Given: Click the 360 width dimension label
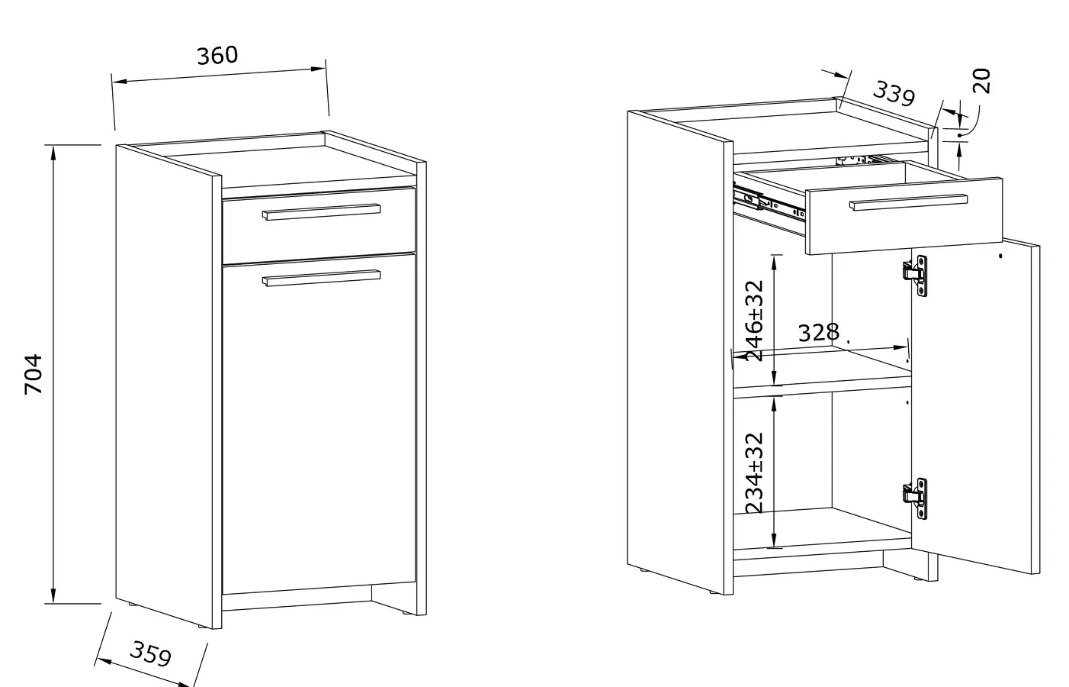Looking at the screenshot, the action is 217,56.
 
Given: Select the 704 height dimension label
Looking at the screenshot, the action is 34,374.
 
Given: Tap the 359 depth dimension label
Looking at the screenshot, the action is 151,653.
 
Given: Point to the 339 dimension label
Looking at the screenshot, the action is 894,94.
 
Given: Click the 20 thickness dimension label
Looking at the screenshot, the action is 981,81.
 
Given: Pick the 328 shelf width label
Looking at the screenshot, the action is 818,333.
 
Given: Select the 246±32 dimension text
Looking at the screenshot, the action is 754,321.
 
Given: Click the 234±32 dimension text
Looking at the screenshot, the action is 754,473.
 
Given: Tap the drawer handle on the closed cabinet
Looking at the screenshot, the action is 321,212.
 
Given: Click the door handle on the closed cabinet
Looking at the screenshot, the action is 321,278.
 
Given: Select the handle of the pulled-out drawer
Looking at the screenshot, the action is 908,202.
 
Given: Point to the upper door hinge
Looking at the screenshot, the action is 915,276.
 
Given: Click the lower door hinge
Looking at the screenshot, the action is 915,498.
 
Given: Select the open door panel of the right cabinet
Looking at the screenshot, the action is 975,406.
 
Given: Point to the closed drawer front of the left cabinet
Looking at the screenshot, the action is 319,226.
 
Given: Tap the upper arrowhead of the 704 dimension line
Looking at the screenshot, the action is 53,152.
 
